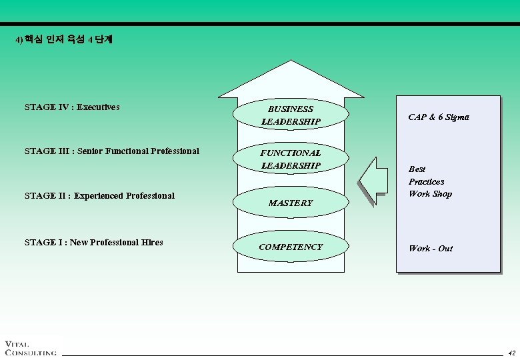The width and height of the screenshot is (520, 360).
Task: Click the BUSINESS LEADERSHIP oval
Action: point(291,115)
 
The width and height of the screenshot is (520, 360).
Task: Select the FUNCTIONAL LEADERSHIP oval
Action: point(291,159)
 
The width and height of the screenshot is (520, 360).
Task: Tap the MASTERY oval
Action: point(291,203)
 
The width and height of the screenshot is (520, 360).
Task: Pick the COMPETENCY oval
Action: point(291,247)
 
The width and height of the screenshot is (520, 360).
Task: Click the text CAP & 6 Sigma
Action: point(439,117)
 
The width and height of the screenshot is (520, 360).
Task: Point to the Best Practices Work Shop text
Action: point(430,181)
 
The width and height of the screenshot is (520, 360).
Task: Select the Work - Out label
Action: point(431,248)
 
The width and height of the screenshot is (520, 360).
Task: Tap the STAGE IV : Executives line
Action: point(72,107)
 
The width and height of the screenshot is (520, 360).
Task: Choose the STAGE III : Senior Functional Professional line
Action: point(111,151)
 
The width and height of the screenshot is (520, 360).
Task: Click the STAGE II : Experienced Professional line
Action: point(99,196)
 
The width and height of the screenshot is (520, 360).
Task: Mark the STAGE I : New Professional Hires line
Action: point(93,243)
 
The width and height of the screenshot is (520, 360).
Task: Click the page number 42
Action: point(511,353)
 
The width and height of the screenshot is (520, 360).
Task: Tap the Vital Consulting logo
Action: point(30,348)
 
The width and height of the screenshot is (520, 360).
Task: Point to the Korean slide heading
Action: point(64,40)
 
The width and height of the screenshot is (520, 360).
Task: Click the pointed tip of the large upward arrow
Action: point(291,62)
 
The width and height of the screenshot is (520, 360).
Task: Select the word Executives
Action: point(98,107)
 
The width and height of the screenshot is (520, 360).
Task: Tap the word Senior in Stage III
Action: point(92,151)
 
